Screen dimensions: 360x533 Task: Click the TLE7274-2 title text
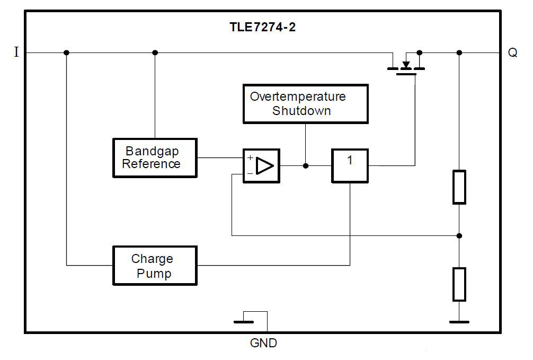tap(262, 28)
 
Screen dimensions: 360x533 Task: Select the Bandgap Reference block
tap(154, 158)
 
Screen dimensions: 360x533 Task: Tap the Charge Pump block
tap(154, 266)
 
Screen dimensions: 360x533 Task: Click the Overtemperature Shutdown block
tap(305, 103)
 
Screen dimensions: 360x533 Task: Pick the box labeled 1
tap(350, 165)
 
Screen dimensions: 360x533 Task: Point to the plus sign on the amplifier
tap(250, 158)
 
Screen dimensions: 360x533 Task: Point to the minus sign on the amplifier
tap(250, 173)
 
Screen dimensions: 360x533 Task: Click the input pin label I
tap(16, 53)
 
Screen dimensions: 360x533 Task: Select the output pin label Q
tap(512, 54)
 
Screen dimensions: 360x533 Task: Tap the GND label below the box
tap(263, 344)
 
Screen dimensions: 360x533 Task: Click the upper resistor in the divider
tap(459, 187)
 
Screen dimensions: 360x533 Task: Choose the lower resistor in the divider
tap(459, 284)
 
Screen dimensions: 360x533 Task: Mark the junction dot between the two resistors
tap(459, 235)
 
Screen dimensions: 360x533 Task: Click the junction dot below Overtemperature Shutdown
tap(306, 166)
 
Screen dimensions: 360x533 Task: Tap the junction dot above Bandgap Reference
tap(155, 52)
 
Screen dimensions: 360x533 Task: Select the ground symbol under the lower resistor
tap(459, 321)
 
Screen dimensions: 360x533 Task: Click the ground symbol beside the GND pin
tap(243, 321)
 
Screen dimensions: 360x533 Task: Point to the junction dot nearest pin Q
tap(459, 52)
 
